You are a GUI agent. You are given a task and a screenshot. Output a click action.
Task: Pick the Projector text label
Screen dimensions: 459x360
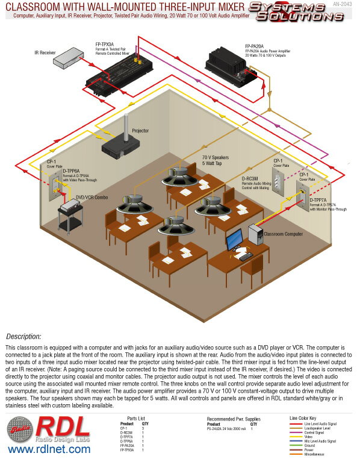tap(140, 130)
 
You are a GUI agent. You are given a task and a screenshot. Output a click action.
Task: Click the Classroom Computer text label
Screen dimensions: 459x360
tap(285, 232)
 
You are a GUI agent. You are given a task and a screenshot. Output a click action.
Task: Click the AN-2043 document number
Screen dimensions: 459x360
tap(343, 4)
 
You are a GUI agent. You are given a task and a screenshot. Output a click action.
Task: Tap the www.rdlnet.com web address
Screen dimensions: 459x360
tap(45, 449)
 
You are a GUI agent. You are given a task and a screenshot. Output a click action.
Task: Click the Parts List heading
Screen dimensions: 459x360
tap(136, 417)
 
